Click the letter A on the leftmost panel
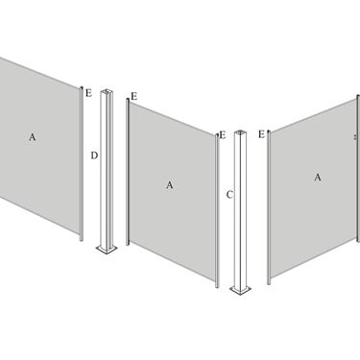pos(33,137)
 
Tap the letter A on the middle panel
pos(170,185)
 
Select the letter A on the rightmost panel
pos(318,178)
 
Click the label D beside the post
pos(94,156)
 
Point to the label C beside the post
pos(229,195)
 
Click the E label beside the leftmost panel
pos(88,93)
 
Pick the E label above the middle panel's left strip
pos(134,96)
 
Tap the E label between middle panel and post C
pos(223,135)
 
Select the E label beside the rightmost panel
pos(261,134)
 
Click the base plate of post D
pos(107,249)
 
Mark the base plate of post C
pos(240,290)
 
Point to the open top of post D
pos(107,92)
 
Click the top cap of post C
pos(240,132)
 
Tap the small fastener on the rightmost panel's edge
pos(355,137)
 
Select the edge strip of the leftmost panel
pos(82,163)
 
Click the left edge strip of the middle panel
pos(128,172)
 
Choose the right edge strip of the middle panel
pos(217,210)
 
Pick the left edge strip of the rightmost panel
pos(269,207)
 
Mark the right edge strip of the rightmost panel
pos(358,169)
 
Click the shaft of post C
pos(240,209)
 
